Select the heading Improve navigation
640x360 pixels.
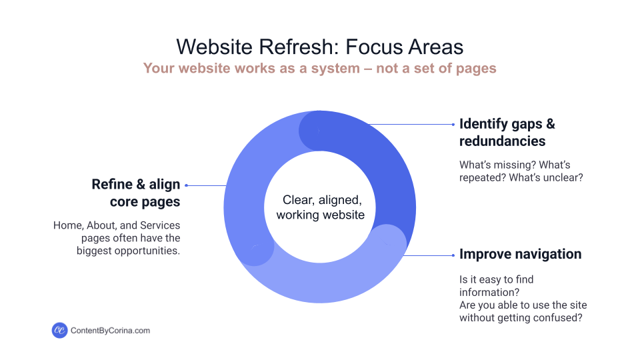point(520,254)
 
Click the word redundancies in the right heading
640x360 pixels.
point(502,141)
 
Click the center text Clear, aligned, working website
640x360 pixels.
point(320,207)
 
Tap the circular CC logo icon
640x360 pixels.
point(59,330)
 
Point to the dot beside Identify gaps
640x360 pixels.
point(453,124)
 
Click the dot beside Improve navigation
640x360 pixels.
point(453,255)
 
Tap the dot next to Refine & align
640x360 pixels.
point(187,185)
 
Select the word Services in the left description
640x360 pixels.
point(161,225)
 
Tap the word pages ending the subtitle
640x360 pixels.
point(477,68)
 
